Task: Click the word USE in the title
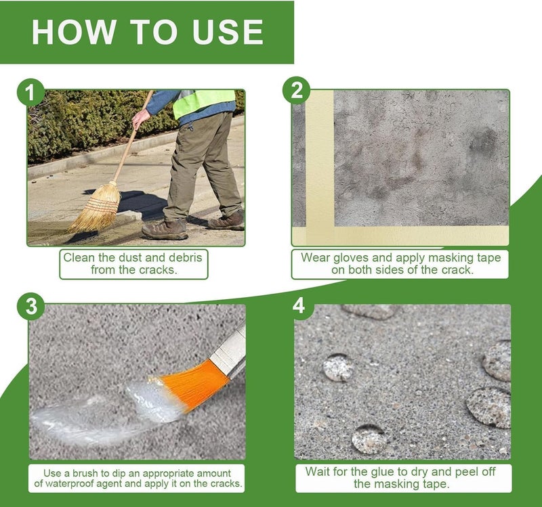coord(228,32)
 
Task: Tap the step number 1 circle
coord(30,92)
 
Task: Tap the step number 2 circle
coord(296,90)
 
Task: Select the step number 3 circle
coord(30,306)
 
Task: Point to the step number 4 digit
coord(299,305)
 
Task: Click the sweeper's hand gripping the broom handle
coord(140,118)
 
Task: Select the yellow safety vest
coord(204,103)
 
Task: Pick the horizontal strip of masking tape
coord(400,236)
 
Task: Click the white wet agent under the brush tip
coord(152,401)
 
